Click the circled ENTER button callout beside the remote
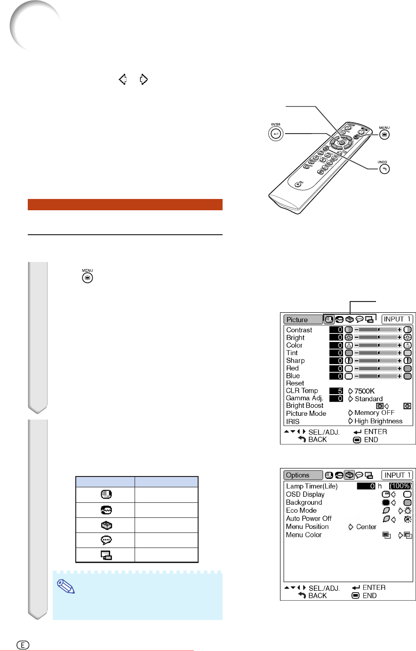point(276,134)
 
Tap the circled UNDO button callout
point(384,169)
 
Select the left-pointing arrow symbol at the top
point(123,79)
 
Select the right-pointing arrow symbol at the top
point(144,79)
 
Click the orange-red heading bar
point(125,204)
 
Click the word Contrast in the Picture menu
point(299,330)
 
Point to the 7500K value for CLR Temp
point(364,391)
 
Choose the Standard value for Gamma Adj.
point(368,399)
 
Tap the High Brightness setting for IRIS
point(378,421)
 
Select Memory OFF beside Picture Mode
point(374,413)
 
